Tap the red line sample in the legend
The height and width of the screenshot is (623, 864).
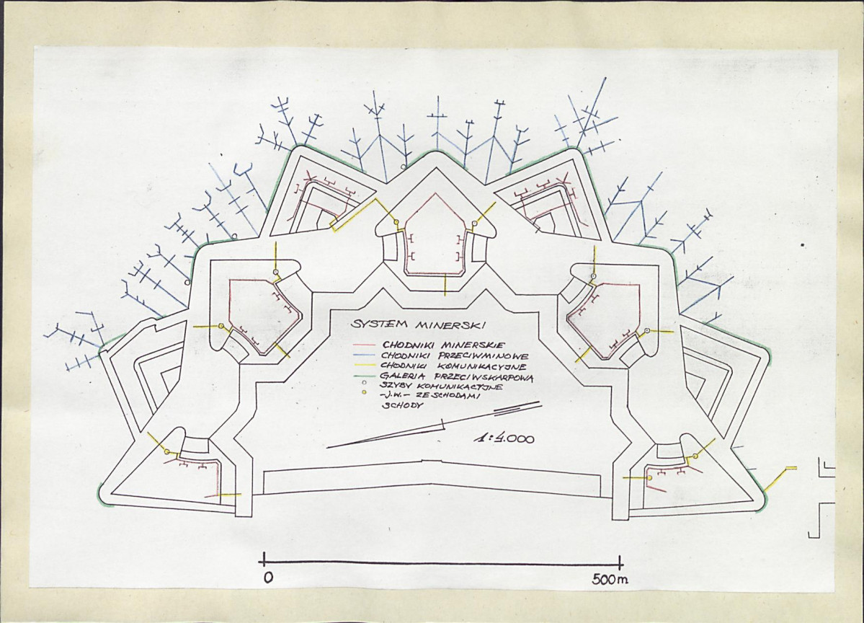[x=364, y=345]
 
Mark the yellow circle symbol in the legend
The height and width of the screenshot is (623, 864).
[x=364, y=392]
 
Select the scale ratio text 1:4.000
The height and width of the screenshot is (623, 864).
[x=504, y=439]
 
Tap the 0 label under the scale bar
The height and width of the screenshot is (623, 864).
[x=268, y=578]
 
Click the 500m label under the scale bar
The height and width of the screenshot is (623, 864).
[x=610, y=579]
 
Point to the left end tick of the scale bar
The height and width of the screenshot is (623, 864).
[x=264, y=561]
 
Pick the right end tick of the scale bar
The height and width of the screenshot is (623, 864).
[x=620, y=563]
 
